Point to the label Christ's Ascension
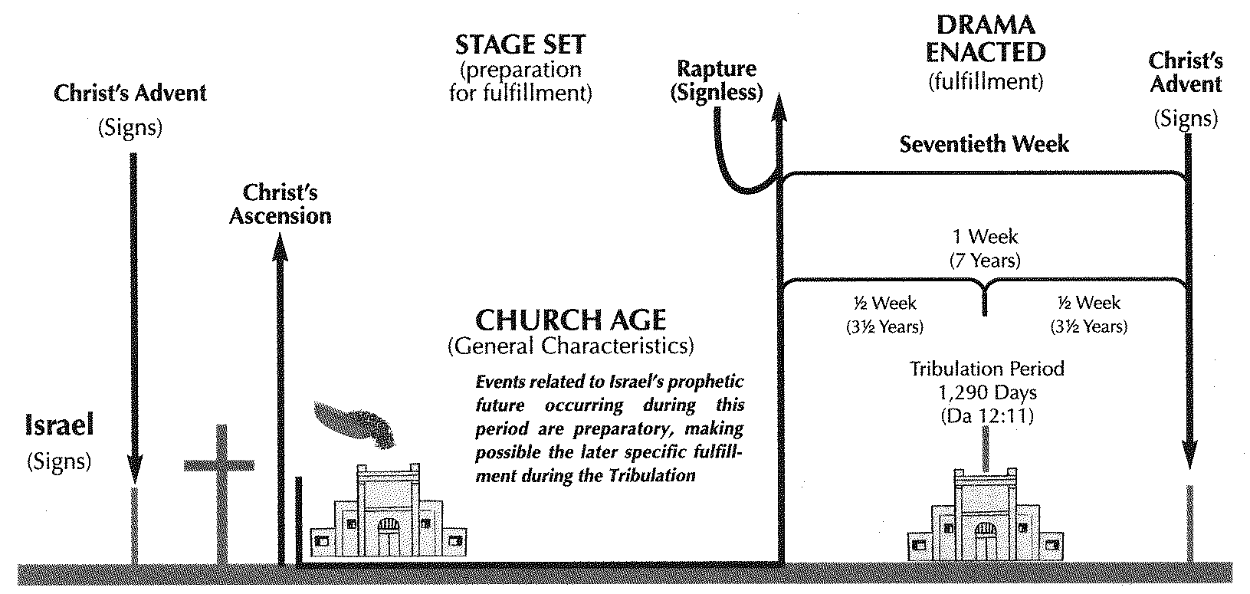pyautogui.click(x=281, y=204)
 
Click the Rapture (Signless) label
pyautogui.click(x=717, y=80)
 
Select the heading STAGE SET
pyautogui.click(x=520, y=44)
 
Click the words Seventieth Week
pyautogui.click(x=984, y=143)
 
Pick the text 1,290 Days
pyautogui.click(x=987, y=393)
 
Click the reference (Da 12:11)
pyautogui.click(x=987, y=417)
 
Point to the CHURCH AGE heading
pyautogui.click(x=571, y=319)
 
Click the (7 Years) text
pyautogui.click(x=986, y=261)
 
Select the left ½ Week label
pyautogui.click(x=884, y=303)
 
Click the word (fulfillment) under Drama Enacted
pyautogui.click(x=985, y=81)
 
